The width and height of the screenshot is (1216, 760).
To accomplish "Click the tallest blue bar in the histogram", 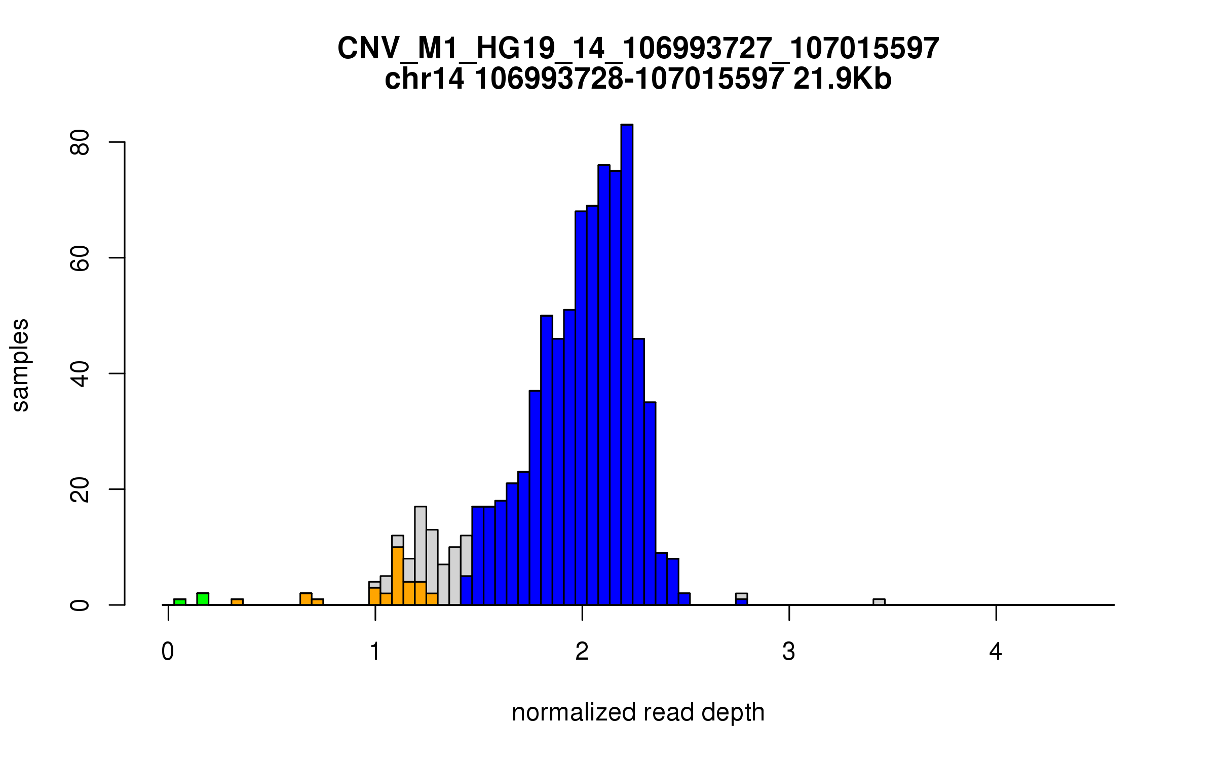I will (x=627, y=365).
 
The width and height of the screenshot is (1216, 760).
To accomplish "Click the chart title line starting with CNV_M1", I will (x=638, y=49).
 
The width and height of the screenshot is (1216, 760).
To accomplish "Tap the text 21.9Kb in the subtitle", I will (x=842, y=80).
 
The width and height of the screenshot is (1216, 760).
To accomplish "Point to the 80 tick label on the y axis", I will (x=80, y=142).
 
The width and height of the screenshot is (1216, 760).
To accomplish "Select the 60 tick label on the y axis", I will (x=80, y=258).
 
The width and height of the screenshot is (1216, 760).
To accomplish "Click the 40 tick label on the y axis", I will (x=80, y=374).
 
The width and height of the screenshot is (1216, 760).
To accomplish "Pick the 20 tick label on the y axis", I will (x=80, y=489).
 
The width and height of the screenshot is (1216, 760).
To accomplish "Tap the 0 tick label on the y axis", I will (x=80, y=605).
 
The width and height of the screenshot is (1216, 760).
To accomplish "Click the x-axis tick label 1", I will (x=375, y=652).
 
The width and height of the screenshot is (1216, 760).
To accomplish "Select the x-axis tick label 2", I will (x=582, y=652).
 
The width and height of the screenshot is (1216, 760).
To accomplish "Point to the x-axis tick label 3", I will (x=789, y=652).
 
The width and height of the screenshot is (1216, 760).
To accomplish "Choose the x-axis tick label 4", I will (x=996, y=652).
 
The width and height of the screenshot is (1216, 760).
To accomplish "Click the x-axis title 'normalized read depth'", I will (x=638, y=712).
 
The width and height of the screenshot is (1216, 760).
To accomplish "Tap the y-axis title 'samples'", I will (x=20, y=365).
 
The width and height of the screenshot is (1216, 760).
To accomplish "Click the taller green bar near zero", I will (x=203, y=599).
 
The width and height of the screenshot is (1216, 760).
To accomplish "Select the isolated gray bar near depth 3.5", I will (x=879, y=602).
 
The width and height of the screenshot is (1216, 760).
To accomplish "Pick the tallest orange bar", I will (x=398, y=576).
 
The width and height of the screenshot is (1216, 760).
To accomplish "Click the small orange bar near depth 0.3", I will (x=237, y=602).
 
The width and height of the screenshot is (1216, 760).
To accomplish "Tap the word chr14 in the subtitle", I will (x=424, y=80).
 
